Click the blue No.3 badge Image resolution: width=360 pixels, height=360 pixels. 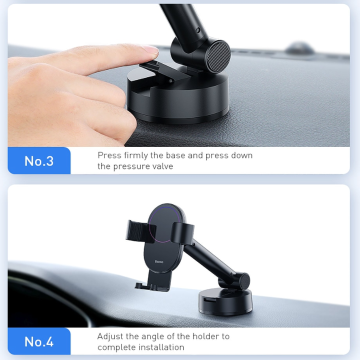(x=39, y=160)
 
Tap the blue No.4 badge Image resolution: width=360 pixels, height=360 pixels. (x=39, y=341)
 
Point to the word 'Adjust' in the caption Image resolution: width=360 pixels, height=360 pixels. (x=110, y=337)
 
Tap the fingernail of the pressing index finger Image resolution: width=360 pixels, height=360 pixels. (x=150, y=49)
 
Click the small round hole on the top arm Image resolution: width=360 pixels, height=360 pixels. (x=198, y=30)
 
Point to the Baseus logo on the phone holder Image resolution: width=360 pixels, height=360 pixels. (x=159, y=261)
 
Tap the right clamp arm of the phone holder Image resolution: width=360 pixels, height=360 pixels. (x=182, y=233)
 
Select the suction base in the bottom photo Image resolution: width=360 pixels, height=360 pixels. (x=225, y=302)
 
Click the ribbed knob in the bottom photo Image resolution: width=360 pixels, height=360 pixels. (x=244, y=281)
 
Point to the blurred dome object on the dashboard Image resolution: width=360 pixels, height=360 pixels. (x=299, y=48)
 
